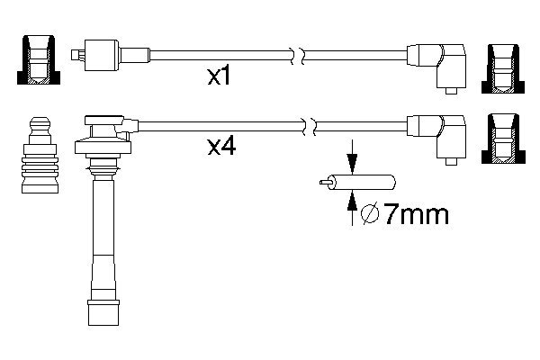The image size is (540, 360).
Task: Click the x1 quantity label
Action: pyautogui.click(x=219, y=76)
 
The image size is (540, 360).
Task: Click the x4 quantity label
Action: pyautogui.click(x=221, y=146)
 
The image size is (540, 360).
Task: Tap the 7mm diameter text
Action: pyautogui.click(x=417, y=214)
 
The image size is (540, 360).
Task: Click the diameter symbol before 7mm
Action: pyautogui.click(x=370, y=214)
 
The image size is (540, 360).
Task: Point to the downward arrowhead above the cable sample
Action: pyautogui.click(x=352, y=164)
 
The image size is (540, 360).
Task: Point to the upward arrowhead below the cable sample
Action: pyautogui.click(x=352, y=201)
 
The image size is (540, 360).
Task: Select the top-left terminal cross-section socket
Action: pyautogui.click(x=39, y=59)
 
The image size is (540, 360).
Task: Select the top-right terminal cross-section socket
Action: pyautogui.click(x=503, y=68)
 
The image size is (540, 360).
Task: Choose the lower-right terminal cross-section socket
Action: pyautogui.click(x=503, y=138)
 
